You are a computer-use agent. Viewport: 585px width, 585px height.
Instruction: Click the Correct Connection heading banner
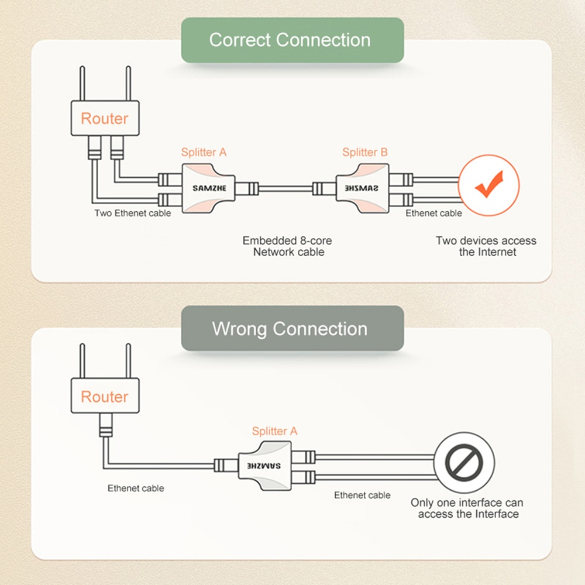pyautogui.click(x=292, y=40)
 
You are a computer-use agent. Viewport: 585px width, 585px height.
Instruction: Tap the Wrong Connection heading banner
pyautogui.click(x=292, y=328)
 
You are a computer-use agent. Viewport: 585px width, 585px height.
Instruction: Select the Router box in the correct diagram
pyautogui.click(x=105, y=119)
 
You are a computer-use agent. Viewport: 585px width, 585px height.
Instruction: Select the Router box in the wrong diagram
pyautogui.click(x=105, y=397)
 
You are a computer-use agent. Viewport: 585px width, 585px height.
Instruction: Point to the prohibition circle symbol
pyautogui.click(x=465, y=463)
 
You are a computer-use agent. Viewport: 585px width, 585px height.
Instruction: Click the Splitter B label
pyautogui.click(x=364, y=153)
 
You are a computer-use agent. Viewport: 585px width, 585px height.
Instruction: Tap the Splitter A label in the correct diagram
pyautogui.click(x=204, y=153)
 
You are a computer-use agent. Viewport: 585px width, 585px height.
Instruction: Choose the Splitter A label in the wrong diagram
pyautogui.click(x=274, y=431)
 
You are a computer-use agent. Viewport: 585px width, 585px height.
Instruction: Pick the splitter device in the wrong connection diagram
pyautogui.click(x=264, y=466)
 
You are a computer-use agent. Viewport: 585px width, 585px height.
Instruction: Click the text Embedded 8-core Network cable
pyautogui.click(x=287, y=246)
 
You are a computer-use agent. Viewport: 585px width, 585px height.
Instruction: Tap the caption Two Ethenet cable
pyautogui.click(x=133, y=213)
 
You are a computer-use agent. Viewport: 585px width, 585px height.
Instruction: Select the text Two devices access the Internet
pyautogui.click(x=486, y=246)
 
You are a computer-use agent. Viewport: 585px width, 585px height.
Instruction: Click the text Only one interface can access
pyautogui.click(x=466, y=508)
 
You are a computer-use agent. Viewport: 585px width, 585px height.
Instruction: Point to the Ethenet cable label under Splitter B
pyautogui.click(x=433, y=213)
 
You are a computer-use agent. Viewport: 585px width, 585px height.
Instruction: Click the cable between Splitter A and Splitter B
pyautogui.click(x=285, y=188)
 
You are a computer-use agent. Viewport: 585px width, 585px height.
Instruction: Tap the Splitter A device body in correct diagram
pyautogui.click(x=209, y=188)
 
